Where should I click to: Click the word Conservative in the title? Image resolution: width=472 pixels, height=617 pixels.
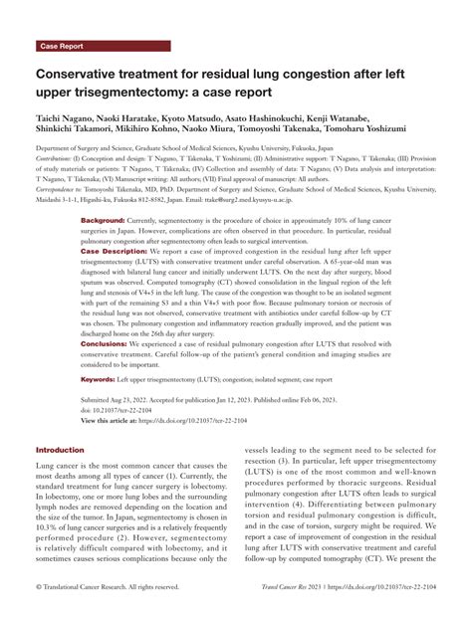click(x=88, y=75)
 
